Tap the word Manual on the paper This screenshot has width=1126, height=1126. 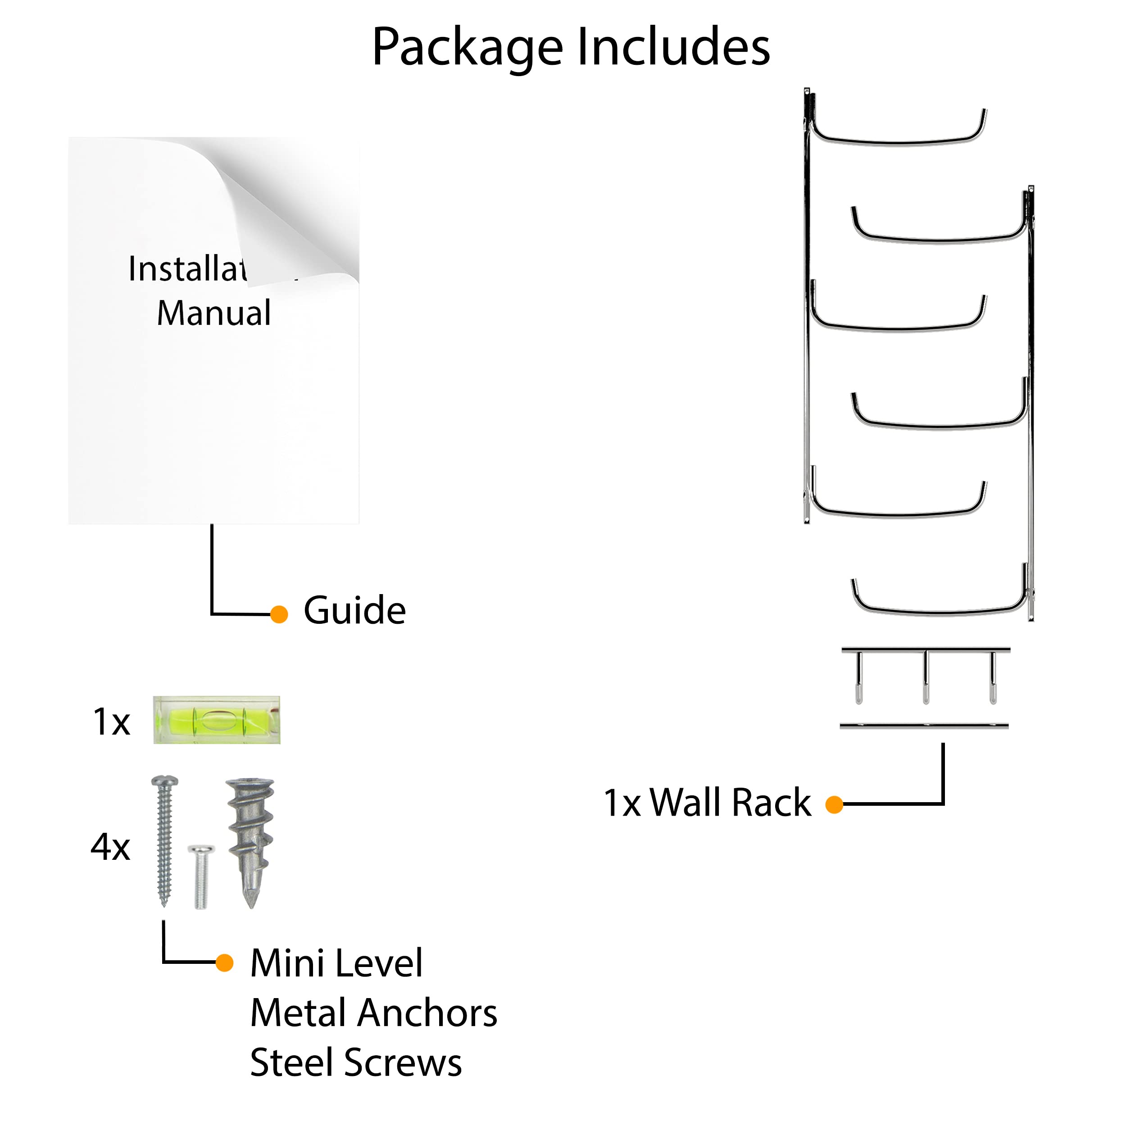(x=214, y=313)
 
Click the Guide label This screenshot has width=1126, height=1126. (x=354, y=610)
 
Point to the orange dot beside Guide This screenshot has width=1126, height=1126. (x=279, y=614)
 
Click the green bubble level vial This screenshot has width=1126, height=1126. (x=217, y=720)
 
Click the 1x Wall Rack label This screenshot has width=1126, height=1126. (x=707, y=803)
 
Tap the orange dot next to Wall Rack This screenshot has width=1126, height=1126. (x=834, y=805)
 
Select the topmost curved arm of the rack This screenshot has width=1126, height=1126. (x=898, y=141)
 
